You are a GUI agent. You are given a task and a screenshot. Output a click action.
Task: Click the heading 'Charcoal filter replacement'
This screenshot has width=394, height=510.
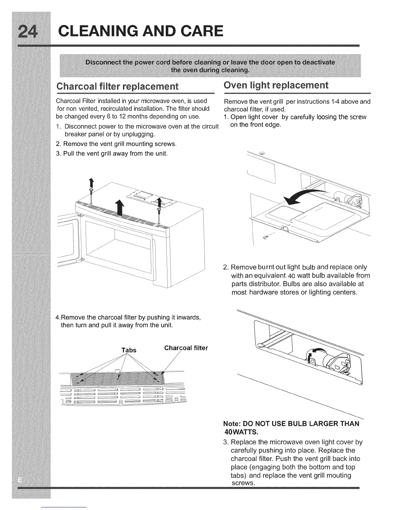pyautogui.click(x=117, y=87)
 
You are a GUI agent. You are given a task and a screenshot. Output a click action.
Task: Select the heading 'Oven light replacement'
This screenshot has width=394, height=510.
pyautogui.click(x=276, y=85)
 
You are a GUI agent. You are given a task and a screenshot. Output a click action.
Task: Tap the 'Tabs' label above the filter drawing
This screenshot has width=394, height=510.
pyautogui.click(x=129, y=350)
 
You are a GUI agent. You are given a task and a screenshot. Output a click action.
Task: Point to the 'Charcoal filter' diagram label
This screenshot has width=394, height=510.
pyautogui.click(x=186, y=348)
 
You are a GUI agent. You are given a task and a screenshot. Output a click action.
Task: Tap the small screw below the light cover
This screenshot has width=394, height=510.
pyautogui.click(x=266, y=237)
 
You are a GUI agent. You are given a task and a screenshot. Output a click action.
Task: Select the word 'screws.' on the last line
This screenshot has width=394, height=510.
pyautogui.click(x=243, y=483)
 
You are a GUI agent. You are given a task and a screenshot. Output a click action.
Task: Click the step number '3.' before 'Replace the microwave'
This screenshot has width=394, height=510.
pyautogui.click(x=226, y=442)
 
